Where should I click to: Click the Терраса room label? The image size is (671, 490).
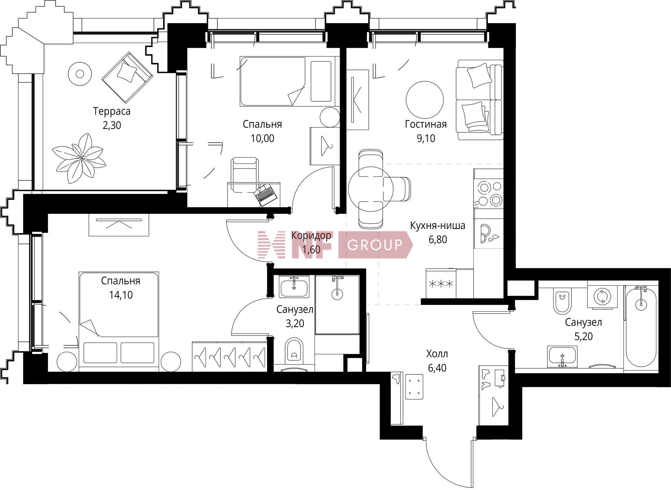tap(111, 111)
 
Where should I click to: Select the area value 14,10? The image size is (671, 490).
tap(121, 295)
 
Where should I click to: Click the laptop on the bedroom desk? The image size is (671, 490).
tap(266, 194)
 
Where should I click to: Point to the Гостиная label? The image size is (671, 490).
tap(426, 124)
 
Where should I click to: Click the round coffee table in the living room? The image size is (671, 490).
tap(425, 100)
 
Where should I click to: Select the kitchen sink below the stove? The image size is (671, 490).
tap(488, 233)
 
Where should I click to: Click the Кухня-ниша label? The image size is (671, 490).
tap(438, 225)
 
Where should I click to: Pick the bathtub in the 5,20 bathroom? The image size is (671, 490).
tap(641, 327)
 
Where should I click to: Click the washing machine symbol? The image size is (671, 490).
tap(602, 296)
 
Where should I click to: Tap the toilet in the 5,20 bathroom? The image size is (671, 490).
tap(562, 301)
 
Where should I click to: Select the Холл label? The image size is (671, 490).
tap(437, 354)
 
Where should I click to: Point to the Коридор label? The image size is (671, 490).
tap(311, 236)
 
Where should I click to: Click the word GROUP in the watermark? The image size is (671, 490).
tap(375, 245)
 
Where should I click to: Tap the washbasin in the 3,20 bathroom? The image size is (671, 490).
tap(294, 286)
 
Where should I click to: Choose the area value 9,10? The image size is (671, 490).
tap(426, 138)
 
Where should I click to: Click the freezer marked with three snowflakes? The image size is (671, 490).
tap(441, 283)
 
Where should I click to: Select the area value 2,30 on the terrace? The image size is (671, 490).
tap(112, 125)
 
